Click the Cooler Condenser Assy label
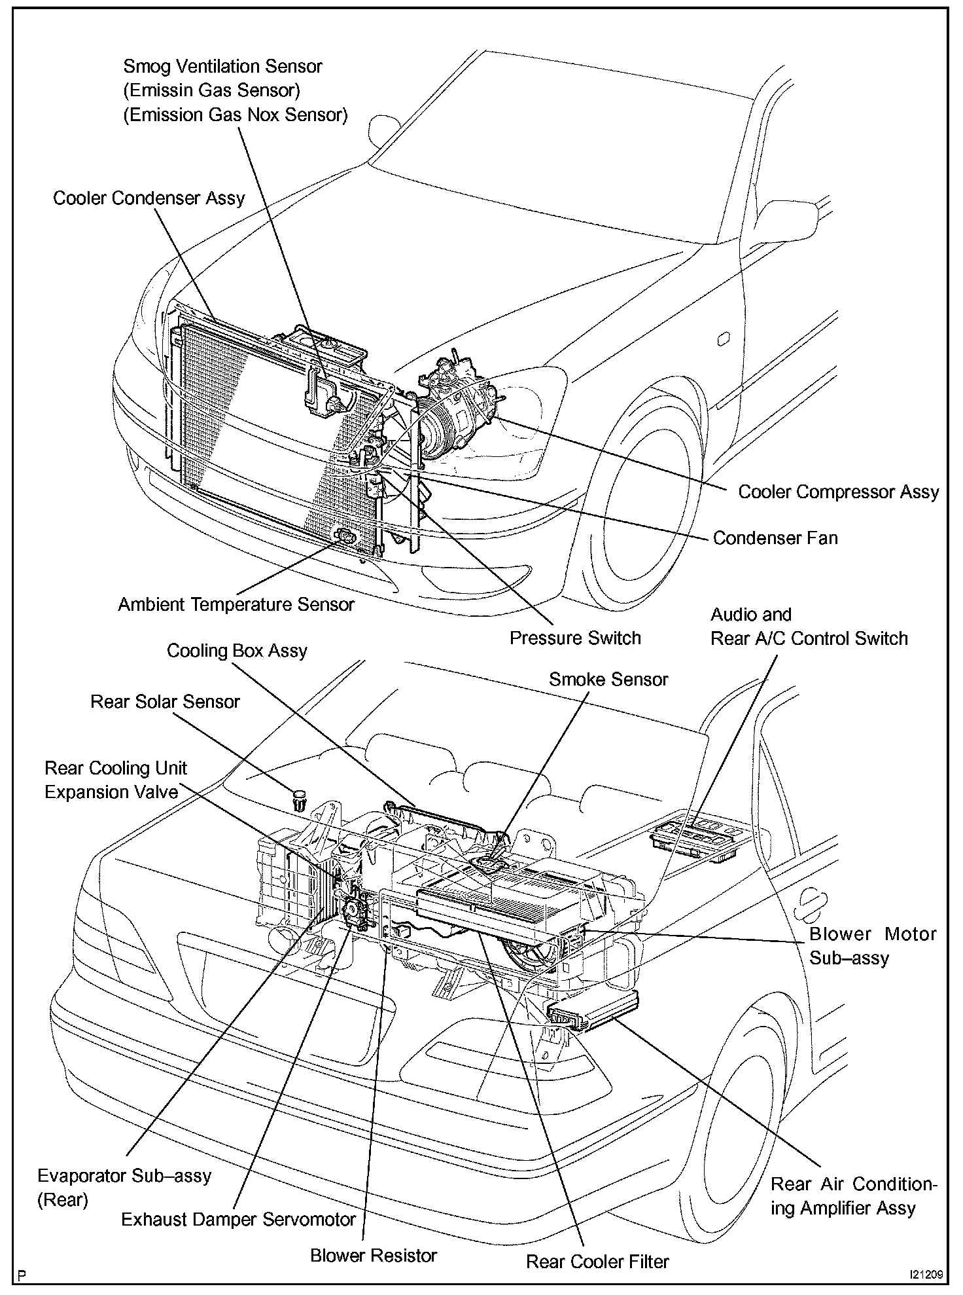tap(149, 198)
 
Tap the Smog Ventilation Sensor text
tap(222, 67)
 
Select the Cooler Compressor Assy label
tap(838, 492)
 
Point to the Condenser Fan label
tap(775, 538)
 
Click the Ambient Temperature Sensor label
tap(236, 604)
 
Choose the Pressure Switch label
tap(575, 638)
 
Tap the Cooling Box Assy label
tap(237, 651)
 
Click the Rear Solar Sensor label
tap(165, 702)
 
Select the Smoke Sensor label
tap(608, 680)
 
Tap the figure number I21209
tap(924, 1275)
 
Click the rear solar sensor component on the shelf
tap(299, 799)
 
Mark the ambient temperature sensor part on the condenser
tap(345, 538)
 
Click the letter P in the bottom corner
tap(24, 1275)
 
